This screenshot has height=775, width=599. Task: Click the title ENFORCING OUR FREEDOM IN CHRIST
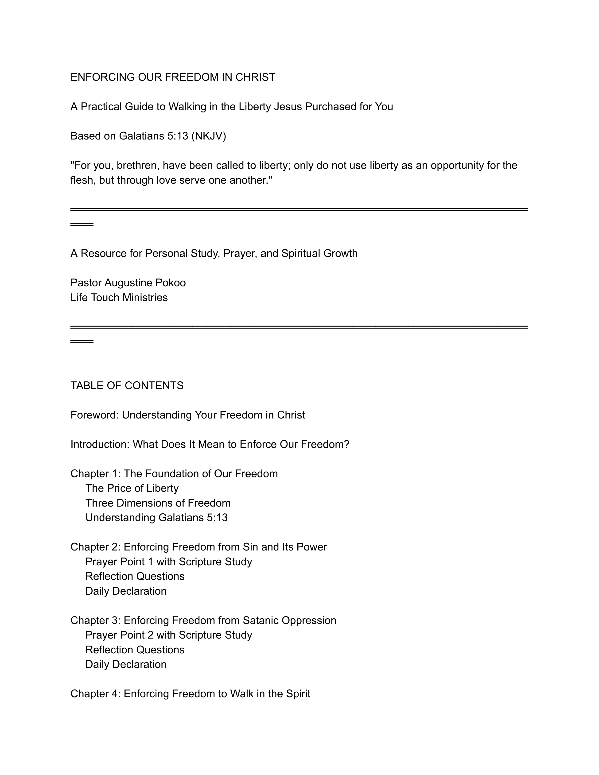click(x=173, y=77)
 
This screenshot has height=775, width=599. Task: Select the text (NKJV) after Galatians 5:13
click(x=208, y=136)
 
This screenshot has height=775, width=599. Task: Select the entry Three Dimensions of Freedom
click(x=158, y=504)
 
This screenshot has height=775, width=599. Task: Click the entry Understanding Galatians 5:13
click(x=156, y=518)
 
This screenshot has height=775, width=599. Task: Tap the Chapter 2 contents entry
click(x=198, y=547)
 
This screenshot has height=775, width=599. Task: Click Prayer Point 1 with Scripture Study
click(x=169, y=562)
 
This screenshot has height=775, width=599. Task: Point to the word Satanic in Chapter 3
click(x=261, y=621)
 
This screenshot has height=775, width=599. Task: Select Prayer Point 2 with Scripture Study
click(x=169, y=635)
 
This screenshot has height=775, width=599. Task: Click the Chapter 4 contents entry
click(x=190, y=694)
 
